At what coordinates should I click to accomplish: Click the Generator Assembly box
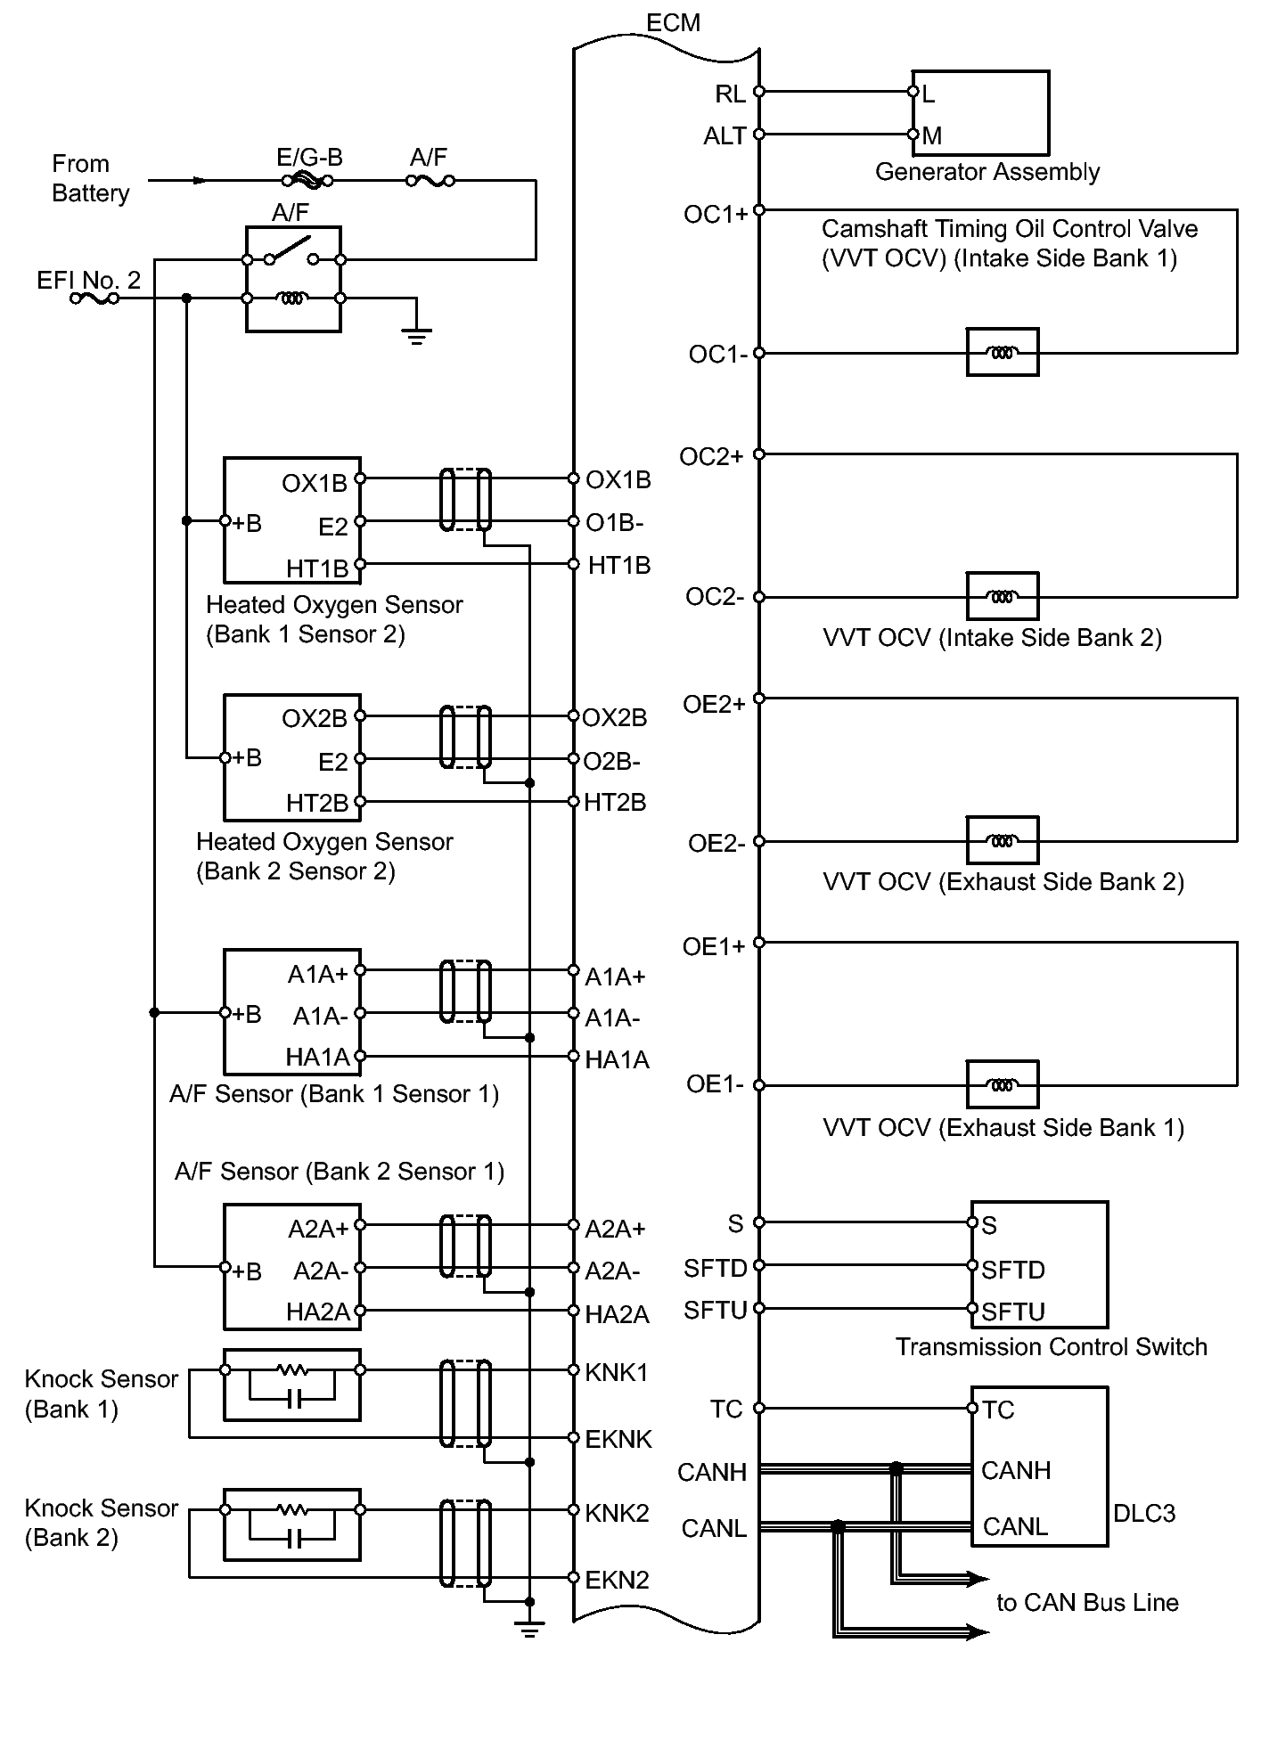(x=980, y=113)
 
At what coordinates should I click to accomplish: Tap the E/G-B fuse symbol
(x=307, y=181)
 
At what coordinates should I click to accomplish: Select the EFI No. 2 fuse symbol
(x=94, y=298)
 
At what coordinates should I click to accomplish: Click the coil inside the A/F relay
(x=292, y=298)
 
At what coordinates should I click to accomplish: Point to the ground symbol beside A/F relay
(x=416, y=335)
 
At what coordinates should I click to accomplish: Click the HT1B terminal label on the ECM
(x=619, y=566)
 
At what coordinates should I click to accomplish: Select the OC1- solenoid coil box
(x=1003, y=352)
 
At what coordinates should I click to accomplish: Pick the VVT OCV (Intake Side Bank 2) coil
(x=1003, y=596)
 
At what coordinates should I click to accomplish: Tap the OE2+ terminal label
(x=713, y=705)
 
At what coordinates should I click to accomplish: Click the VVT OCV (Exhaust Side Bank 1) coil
(x=1003, y=1084)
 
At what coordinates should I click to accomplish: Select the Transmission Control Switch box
(x=1039, y=1264)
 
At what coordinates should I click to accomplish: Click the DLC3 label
(x=1144, y=1513)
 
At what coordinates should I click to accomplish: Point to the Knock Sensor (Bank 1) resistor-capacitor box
(x=292, y=1384)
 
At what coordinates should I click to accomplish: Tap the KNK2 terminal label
(x=617, y=1513)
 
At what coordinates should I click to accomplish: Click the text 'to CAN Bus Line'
(x=1087, y=1603)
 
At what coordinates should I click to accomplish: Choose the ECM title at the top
(x=673, y=22)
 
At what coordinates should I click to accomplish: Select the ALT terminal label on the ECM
(x=725, y=136)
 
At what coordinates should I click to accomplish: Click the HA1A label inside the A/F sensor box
(x=317, y=1058)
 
